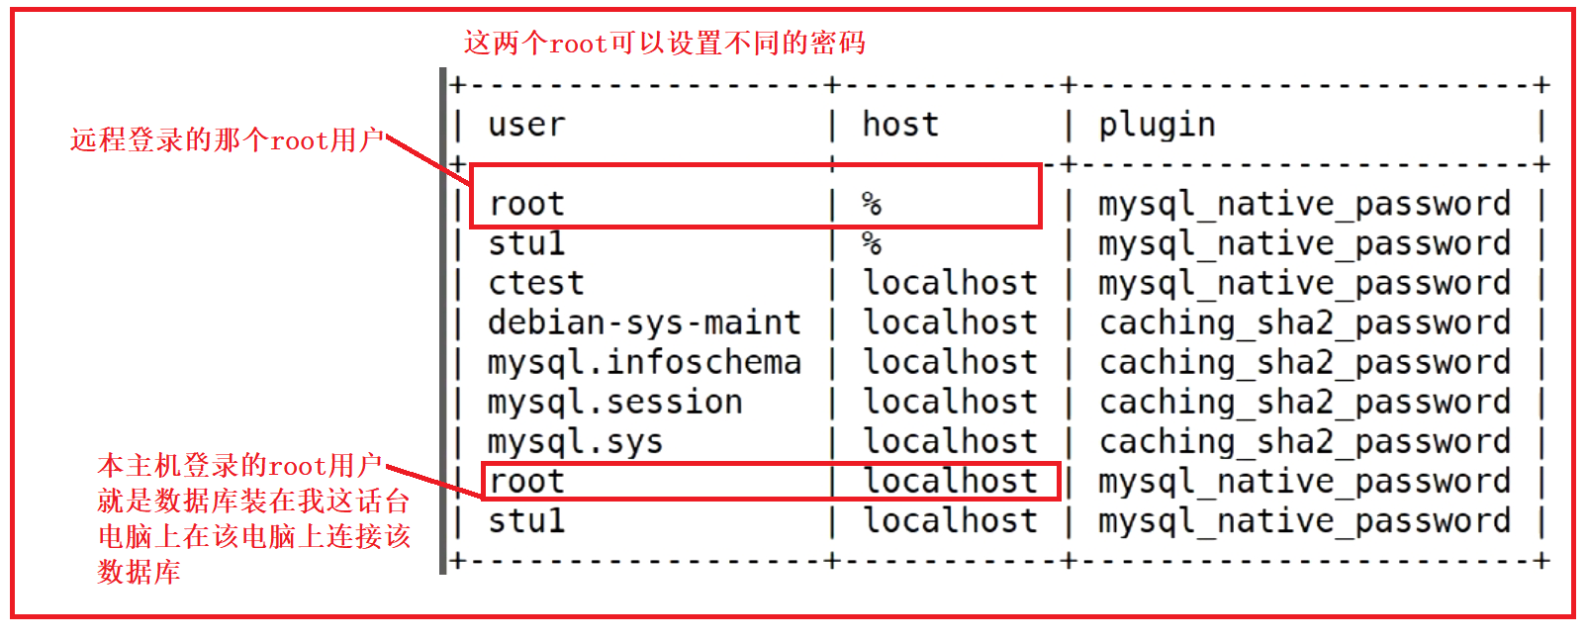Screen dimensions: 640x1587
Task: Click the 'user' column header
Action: (x=526, y=125)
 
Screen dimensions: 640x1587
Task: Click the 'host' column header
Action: (x=899, y=125)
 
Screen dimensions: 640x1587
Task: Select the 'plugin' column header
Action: (x=1156, y=126)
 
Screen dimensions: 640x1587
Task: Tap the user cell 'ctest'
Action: (x=535, y=284)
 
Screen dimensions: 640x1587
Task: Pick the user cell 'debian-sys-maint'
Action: (x=643, y=323)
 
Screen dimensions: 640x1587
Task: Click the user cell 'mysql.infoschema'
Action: (x=643, y=363)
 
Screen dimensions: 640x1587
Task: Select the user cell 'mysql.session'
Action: (x=614, y=403)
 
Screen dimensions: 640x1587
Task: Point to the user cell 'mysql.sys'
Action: (x=575, y=442)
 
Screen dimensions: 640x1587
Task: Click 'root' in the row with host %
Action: (x=526, y=205)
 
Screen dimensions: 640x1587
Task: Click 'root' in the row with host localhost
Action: (x=526, y=482)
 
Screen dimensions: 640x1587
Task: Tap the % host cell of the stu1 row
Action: (x=872, y=243)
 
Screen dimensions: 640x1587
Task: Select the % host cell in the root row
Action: (x=872, y=204)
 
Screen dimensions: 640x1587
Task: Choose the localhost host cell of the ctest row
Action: (x=950, y=284)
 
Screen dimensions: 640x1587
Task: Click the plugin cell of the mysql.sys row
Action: (x=1304, y=442)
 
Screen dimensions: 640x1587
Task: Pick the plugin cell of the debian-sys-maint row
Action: (x=1304, y=323)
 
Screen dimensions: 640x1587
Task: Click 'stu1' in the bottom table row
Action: (x=526, y=521)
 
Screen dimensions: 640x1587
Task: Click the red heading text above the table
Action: (x=664, y=43)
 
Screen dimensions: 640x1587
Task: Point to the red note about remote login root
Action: (x=227, y=140)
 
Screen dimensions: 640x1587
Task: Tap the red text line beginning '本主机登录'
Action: (x=239, y=466)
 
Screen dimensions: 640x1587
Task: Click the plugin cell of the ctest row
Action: (x=1304, y=284)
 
